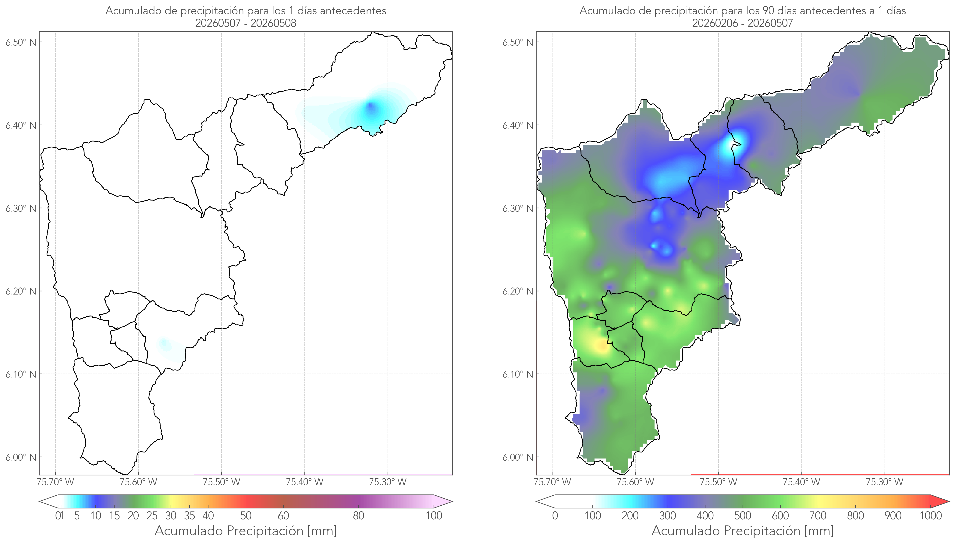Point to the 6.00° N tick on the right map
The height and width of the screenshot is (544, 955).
(x=518, y=457)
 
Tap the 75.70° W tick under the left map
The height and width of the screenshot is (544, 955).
(x=56, y=482)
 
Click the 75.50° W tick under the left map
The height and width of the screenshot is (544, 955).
(x=221, y=482)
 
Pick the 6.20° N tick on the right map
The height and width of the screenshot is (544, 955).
(x=518, y=291)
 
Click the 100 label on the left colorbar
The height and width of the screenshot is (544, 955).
(x=434, y=516)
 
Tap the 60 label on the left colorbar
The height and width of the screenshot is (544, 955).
(x=283, y=516)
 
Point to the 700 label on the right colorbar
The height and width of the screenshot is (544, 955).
(x=818, y=516)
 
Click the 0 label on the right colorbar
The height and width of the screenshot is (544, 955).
(x=555, y=516)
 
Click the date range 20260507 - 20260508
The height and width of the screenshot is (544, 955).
(x=246, y=23)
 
